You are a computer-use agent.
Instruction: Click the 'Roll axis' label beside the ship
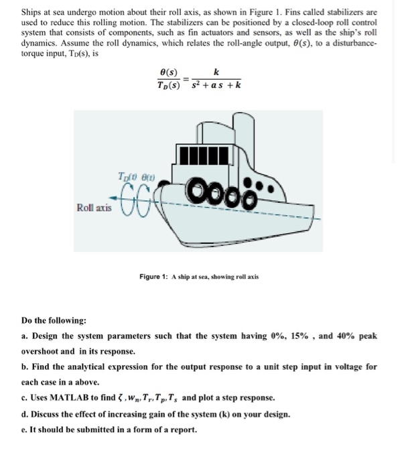pos(93,209)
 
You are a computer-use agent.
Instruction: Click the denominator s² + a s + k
pos(215,85)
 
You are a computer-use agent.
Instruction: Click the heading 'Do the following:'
pos(54,320)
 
